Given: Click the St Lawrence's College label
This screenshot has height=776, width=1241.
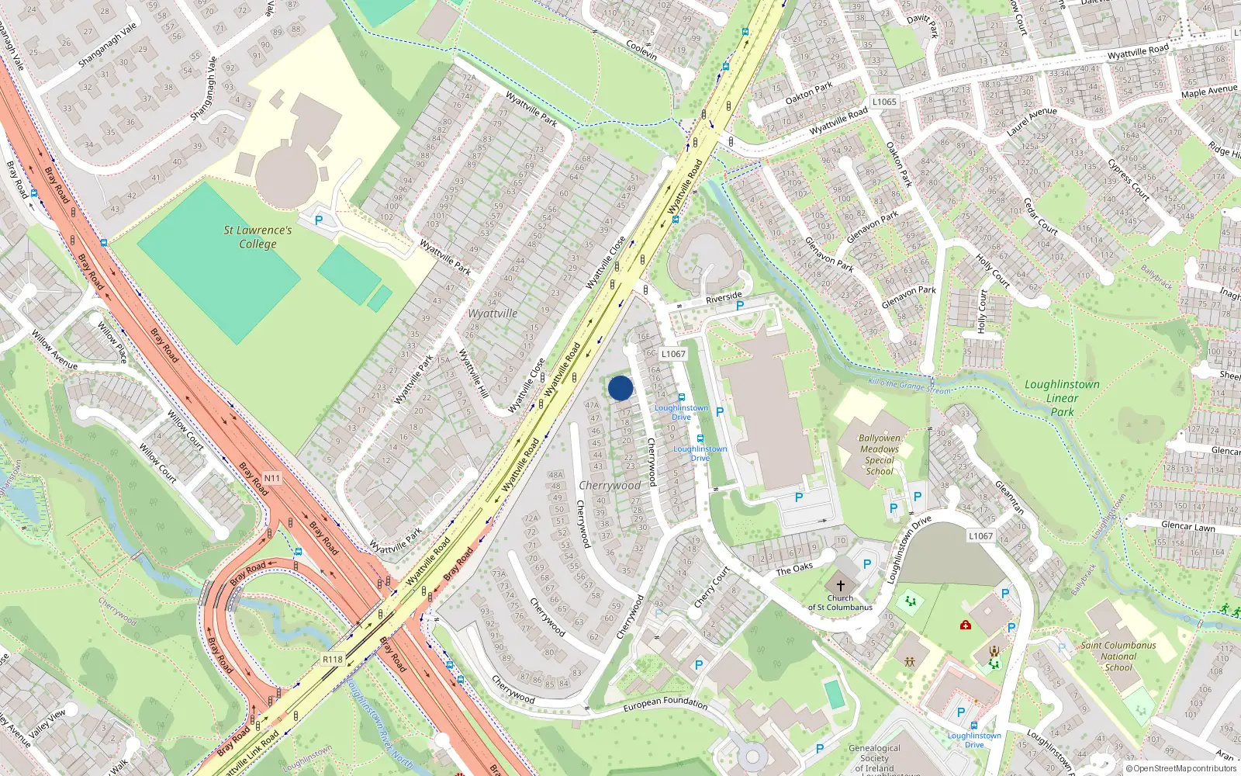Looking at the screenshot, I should pyautogui.click(x=258, y=237).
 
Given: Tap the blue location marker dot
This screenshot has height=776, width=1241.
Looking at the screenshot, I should pyautogui.click(x=620, y=388).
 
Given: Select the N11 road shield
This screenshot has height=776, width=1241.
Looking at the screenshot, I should pyautogui.click(x=271, y=478).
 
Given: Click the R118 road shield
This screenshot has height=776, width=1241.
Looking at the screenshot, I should pyautogui.click(x=332, y=659).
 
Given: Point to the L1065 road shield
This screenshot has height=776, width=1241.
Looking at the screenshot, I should pyautogui.click(x=884, y=102).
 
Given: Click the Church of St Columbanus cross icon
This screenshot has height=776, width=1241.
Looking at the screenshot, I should pyautogui.click(x=840, y=586).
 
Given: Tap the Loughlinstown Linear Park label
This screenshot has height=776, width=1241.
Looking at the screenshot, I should pyautogui.click(x=1062, y=397).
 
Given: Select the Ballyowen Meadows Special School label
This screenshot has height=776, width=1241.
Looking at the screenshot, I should pyautogui.click(x=880, y=455).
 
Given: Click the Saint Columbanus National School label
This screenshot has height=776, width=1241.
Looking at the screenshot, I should pyautogui.click(x=1118, y=656).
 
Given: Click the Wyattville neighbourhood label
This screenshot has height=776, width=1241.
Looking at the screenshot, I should pyautogui.click(x=493, y=314).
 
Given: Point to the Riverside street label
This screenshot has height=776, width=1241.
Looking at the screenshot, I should pyautogui.click(x=724, y=298).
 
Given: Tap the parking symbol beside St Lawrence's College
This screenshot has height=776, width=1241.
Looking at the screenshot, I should pyautogui.click(x=319, y=220).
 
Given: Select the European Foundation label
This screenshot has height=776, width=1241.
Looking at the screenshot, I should pyautogui.click(x=665, y=703).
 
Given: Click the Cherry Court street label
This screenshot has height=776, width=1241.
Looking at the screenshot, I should pyautogui.click(x=711, y=587).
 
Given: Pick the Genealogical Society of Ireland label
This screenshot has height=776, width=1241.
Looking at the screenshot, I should pyautogui.click(x=874, y=758).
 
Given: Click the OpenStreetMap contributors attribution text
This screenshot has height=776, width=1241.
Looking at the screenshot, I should pyautogui.click(x=1181, y=768).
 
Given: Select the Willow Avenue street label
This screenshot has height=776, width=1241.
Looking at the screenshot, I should pyautogui.click(x=54, y=349).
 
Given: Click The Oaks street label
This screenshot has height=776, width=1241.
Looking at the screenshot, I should pyautogui.click(x=794, y=569).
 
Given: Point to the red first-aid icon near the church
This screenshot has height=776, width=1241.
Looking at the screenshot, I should pyautogui.click(x=966, y=624).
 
